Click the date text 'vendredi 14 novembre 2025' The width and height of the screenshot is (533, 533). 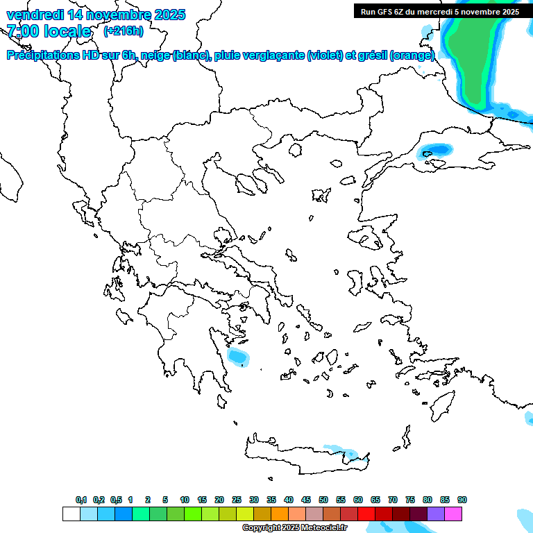pyautogui.click(x=96, y=15)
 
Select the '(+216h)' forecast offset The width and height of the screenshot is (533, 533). pyautogui.click(x=123, y=31)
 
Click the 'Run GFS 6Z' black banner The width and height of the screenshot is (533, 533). pyautogui.click(x=439, y=11)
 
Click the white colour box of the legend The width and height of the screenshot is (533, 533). pyautogui.click(x=71, y=514)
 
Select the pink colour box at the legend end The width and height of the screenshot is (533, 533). pyautogui.click(x=453, y=514)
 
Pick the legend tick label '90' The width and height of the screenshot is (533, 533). pyautogui.click(x=462, y=500)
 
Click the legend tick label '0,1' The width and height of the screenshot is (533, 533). pyautogui.click(x=81, y=500)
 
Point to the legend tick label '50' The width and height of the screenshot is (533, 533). pyautogui.click(x=323, y=500)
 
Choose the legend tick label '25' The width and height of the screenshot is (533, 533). pyautogui.click(x=237, y=500)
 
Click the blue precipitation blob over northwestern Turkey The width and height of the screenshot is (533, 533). pyautogui.click(x=437, y=149)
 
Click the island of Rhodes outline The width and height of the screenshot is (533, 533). pyautogui.click(x=441, y=405)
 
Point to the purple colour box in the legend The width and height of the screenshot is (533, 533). pyautogui.click(x=436, y=514)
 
